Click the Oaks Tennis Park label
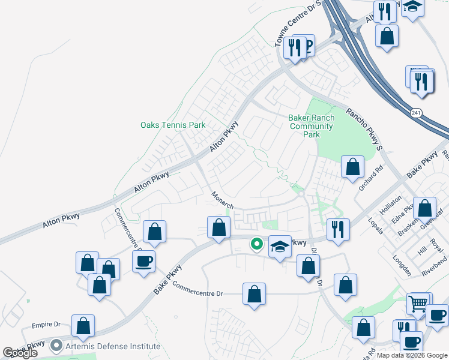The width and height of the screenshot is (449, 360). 173,125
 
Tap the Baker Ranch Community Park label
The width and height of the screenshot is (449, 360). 311,127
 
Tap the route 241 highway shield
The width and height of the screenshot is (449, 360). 415,113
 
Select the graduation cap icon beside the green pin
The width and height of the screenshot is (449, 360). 280,246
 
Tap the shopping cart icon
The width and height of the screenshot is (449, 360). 418,302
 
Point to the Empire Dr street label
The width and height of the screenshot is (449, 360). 46,325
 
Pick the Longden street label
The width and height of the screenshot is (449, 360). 401,266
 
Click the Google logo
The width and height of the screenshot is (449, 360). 21,353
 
